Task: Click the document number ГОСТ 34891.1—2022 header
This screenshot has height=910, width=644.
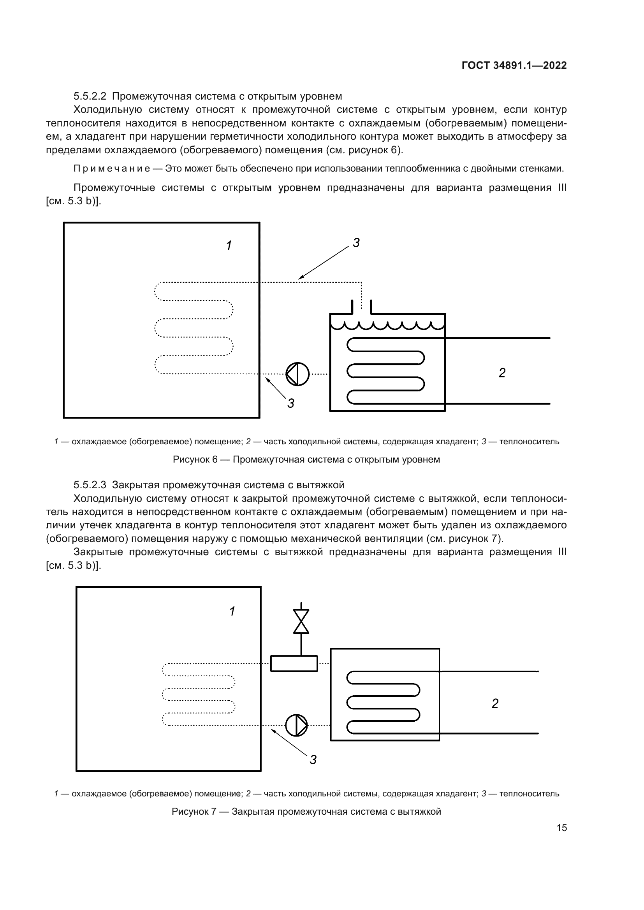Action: point(514,65)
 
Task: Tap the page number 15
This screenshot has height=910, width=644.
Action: point(561,828)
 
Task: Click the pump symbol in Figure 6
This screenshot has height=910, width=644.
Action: point(297,374)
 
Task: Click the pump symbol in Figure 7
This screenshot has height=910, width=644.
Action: point(297,725)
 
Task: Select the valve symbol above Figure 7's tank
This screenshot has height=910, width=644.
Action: point(301,621)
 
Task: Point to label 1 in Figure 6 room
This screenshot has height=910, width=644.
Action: point(229,246)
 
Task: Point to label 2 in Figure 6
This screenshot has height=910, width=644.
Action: point(502,373)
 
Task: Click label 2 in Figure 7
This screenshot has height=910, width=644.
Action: point(495,703)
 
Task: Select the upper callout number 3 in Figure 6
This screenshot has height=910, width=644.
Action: point(356,243)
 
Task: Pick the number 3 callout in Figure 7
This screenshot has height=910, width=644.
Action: point(313,760)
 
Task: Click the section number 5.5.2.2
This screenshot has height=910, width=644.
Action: point(90,96)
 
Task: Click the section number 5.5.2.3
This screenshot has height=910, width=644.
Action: point(90,485)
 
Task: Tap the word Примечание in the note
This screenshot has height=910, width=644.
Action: point(112,169)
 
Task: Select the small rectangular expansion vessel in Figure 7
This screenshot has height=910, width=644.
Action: point(294,663)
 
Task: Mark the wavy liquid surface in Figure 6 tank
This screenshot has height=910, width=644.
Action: point(387,325)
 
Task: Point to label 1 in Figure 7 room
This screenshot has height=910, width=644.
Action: point(232,611)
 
